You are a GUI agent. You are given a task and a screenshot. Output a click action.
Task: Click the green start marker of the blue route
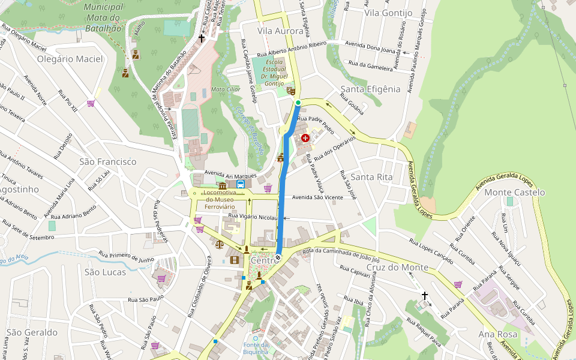298,103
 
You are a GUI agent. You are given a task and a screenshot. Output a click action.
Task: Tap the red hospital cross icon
305,138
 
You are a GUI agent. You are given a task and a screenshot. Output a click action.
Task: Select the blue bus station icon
240,184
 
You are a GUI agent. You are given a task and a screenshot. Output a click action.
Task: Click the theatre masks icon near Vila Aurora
290,91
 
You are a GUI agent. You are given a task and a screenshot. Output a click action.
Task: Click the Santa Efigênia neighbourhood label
370,89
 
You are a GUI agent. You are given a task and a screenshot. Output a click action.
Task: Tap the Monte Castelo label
514,192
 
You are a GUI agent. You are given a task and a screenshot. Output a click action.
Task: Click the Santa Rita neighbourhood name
371,177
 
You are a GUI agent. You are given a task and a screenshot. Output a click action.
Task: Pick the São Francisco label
108,161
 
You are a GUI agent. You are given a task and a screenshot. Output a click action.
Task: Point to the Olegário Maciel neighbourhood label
70,59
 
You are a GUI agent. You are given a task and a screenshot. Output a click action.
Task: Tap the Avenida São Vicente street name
317,197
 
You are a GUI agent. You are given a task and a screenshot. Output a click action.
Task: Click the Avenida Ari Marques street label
230,173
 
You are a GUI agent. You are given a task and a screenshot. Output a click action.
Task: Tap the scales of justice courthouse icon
218,244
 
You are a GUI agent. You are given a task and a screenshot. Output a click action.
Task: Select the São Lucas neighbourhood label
106,272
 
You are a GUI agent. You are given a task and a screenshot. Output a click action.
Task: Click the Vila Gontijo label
388,13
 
